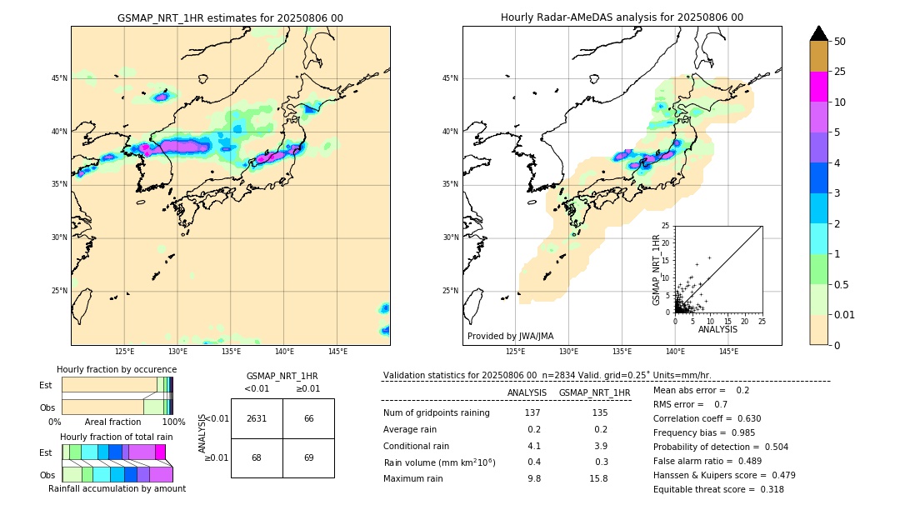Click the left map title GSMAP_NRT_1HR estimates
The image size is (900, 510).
point(230,17)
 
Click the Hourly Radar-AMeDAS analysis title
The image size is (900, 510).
point(622,17)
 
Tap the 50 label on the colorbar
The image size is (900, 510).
point(840,42)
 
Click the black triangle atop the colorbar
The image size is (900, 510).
point(818,33)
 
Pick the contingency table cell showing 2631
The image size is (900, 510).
point(257,418)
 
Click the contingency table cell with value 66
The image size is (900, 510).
point(308,418)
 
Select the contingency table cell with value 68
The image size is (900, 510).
point(257,457)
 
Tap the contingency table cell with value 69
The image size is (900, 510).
point(308,457)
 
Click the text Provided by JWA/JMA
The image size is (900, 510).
point(510,336)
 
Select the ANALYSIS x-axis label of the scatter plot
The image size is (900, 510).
point(717,329)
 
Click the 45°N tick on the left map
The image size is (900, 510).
point(59,78)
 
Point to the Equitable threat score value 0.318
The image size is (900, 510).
point(767,489)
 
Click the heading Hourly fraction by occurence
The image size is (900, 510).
point(117,369)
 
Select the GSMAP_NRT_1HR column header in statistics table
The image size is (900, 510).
point(594,392)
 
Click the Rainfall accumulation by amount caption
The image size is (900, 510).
point(117,488)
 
